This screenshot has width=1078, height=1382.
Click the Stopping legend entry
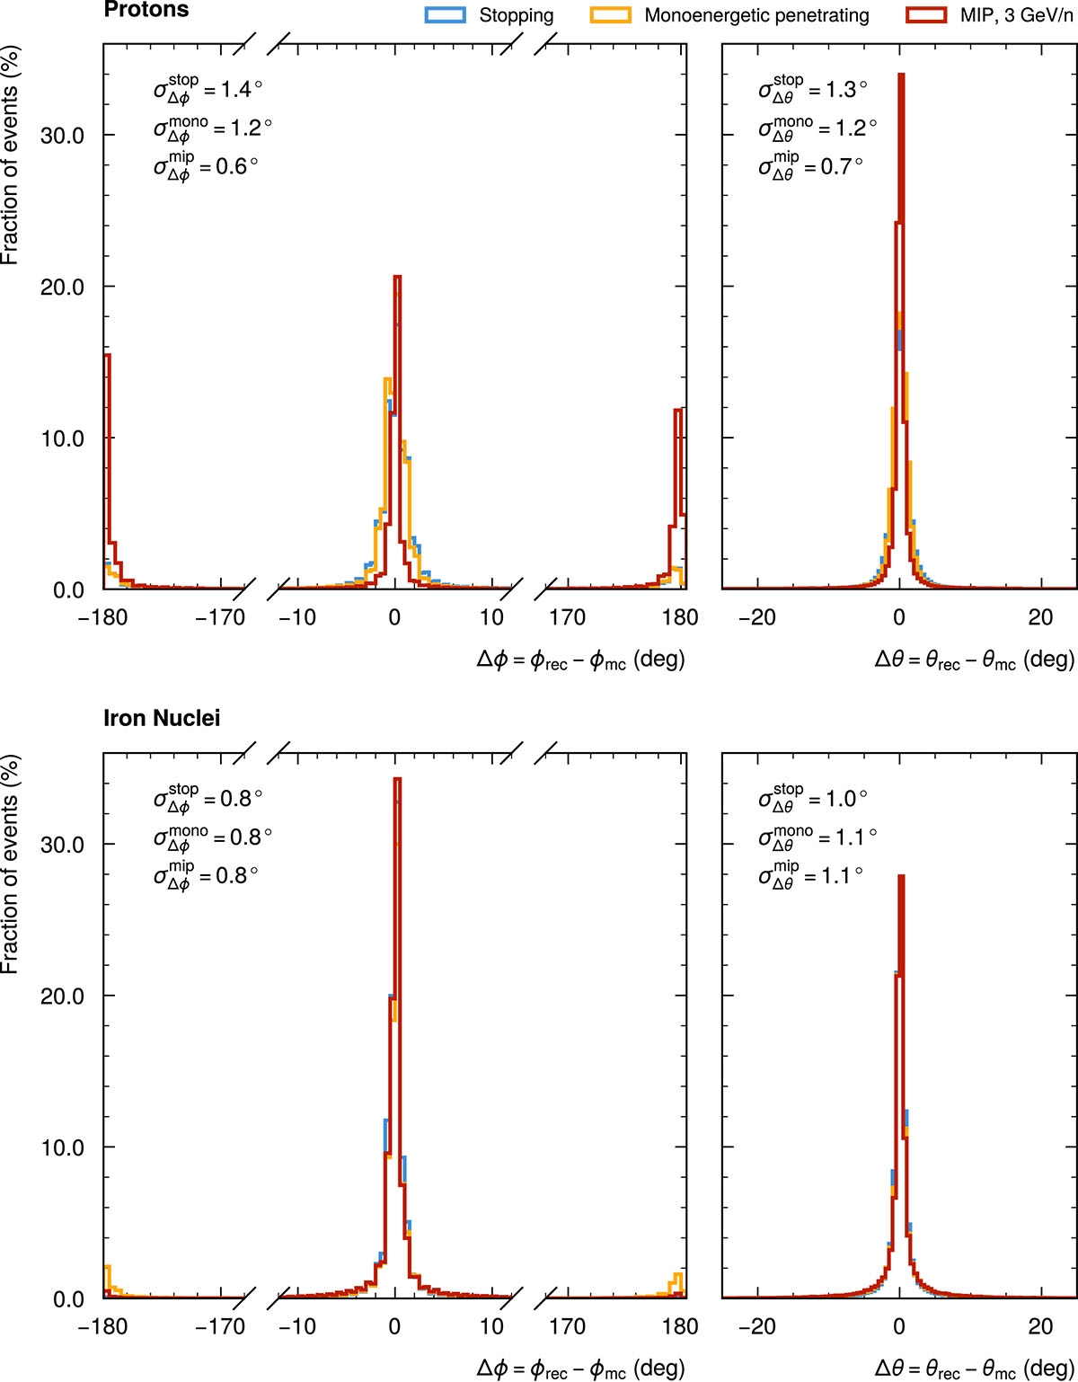(x=515, y=15)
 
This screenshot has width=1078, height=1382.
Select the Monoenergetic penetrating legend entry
(x=756, y=15)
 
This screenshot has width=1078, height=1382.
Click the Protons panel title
(x=146, y=10)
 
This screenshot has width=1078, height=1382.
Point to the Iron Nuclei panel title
(x=162, y=718)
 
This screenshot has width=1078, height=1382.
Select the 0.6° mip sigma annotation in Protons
(x=207, y=166)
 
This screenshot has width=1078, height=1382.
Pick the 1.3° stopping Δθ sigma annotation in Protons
(x=813, y=89)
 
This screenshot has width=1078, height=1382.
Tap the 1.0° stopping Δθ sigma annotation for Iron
(x=813, y=798)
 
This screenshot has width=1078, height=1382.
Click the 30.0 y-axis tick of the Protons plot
(x=63, y=135)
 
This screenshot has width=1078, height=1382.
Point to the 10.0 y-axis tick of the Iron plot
(x=63, y=1147)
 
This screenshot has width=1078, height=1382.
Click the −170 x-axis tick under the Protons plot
(x=221, y=617)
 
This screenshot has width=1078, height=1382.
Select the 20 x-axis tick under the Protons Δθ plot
(x=1040, y=617)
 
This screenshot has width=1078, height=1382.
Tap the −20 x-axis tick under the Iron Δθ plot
(x=756, y=1326)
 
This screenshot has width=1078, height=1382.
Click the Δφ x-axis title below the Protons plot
(x=580, y=660)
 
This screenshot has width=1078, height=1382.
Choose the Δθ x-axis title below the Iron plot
(x=975, y=1369)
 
